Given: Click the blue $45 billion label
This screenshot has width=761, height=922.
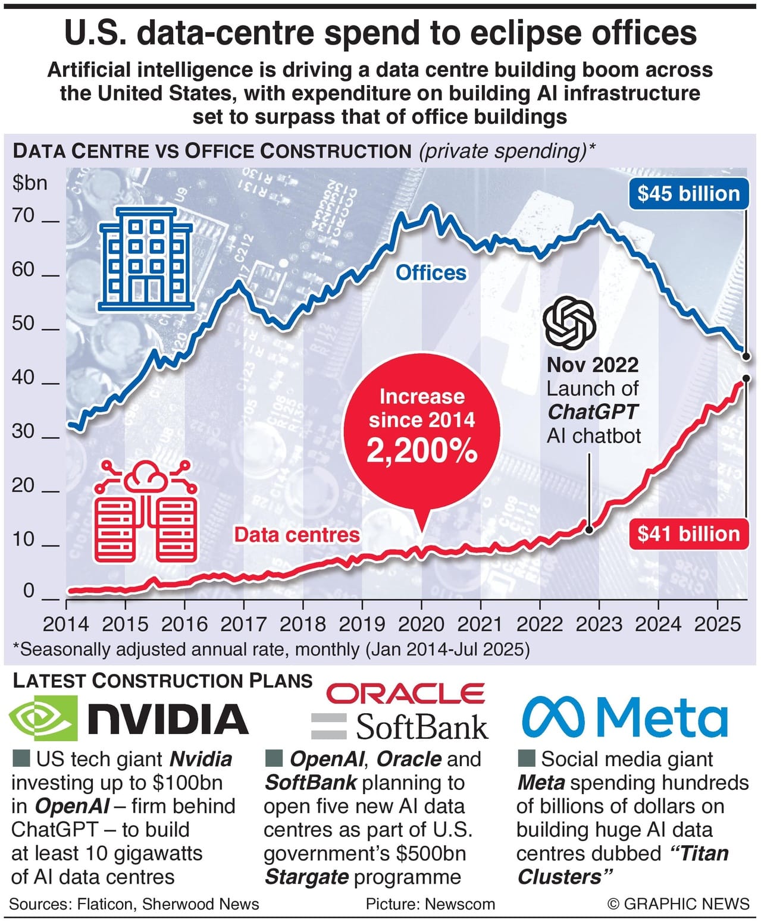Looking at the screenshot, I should pos(688,193).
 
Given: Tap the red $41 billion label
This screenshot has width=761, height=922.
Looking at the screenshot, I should pos(688,534).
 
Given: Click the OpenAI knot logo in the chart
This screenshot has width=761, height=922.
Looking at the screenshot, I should pos(569,323).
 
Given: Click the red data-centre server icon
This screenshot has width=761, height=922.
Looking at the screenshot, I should pos(146,512).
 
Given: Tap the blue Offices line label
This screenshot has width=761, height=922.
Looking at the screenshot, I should pos(431,272).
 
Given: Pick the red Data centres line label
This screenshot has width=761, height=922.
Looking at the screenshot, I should pos(297,534).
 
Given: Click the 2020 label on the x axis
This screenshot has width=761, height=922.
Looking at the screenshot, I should pos(421,624).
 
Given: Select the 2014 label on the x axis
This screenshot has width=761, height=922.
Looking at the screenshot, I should pos(65,624).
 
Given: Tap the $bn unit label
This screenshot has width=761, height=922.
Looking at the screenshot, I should pos(30,183).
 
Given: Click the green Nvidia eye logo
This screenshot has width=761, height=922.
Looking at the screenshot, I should pos(43,718).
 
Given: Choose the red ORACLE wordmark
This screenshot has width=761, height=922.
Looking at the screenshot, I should pos(406,694).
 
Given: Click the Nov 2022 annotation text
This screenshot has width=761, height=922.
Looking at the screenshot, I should pos(592,364).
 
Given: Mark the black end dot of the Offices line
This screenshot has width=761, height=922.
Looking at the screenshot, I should pos(747,356).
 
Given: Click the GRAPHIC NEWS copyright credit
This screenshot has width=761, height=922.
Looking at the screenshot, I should pos(678,904).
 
